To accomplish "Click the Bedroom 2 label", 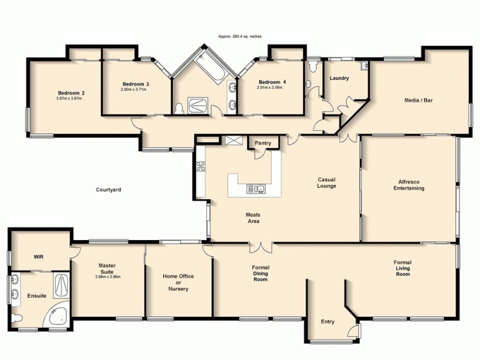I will tap(71, 93).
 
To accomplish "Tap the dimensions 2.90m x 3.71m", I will tap(134, 90).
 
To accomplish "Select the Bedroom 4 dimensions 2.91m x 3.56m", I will tap(269, 88).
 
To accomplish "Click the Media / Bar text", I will tap(418, 100).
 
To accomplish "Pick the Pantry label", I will tap(263, 143).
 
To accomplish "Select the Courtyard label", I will tap(109, 190).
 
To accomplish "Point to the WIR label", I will tap(38, 256).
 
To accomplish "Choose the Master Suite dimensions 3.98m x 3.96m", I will tap(108, 277).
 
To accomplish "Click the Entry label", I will tap(327, 322).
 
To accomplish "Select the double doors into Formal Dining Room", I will tap(260, 247).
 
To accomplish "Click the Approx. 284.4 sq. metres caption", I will tap(240, 37).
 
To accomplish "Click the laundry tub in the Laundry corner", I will tap(364, 66).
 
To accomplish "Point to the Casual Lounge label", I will tap(327, 182).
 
